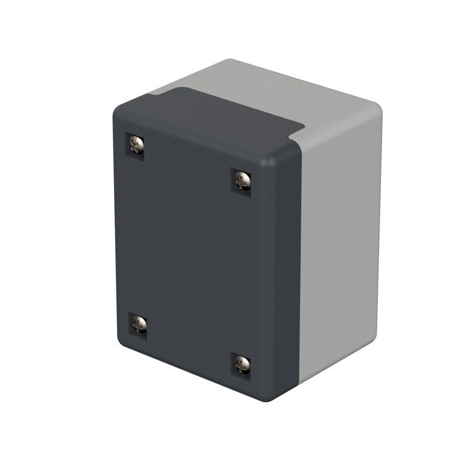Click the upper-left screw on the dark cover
click(136, 144)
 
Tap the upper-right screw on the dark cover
click(242, 180)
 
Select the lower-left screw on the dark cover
click(139, 323)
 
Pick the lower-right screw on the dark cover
click(242, 365)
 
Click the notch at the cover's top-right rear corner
click(301, 130)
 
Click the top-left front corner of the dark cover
click(117, 108)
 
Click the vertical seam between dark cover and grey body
click(300, 263)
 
